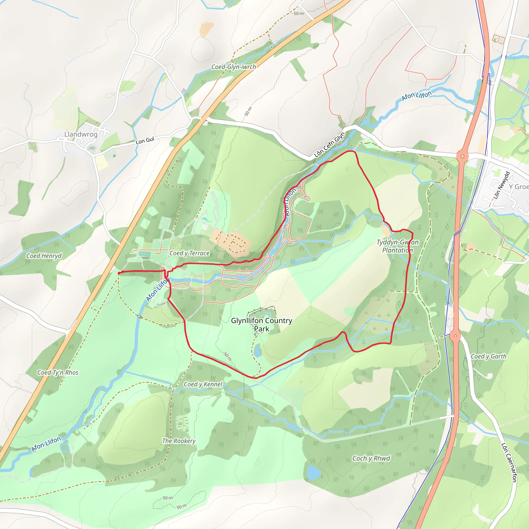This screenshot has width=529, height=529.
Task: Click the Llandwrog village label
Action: tap(81, 134)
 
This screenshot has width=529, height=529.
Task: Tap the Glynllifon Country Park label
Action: tap(261, 324)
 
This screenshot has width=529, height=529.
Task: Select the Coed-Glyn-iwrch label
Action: tap(234, 67)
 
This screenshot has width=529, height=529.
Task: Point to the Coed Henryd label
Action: tap(44, 256)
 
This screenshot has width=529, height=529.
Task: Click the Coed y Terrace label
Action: tap(190, 253)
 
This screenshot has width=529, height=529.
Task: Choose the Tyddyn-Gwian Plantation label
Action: tap(398, 246)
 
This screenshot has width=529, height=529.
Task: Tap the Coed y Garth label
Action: tap(488, 356)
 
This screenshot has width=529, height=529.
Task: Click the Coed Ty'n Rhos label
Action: tap(58, 373)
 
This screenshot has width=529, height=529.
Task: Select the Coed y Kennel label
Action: tap(203, 384)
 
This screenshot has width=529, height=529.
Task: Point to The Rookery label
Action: tap(179, 441)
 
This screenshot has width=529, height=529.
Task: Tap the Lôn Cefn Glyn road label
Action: tap(329, 145)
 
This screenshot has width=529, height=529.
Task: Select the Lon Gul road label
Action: tap(145, 141)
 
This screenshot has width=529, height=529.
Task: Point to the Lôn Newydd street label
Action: tap(502, 185)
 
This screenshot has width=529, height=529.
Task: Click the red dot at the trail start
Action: tap(119, 273)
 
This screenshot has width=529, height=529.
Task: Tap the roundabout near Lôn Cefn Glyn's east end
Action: tap(462, 156)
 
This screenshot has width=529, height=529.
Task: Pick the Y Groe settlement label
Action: tap(518, 187)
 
